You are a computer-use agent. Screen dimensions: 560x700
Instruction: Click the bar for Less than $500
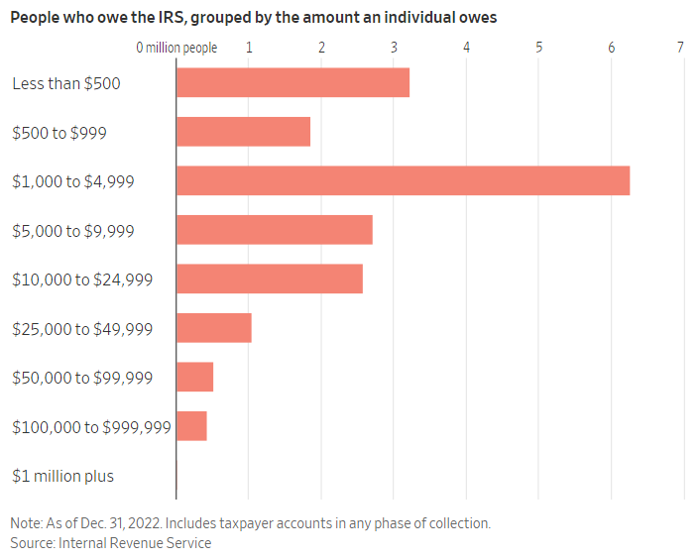[292, 83]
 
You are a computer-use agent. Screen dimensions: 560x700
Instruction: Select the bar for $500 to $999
[243, 132]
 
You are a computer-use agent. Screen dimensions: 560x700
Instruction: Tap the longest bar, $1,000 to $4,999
[403, 180]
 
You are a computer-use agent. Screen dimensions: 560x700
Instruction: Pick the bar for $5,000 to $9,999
[274, 230]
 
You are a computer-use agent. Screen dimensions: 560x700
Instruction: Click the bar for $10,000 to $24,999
[269, 279]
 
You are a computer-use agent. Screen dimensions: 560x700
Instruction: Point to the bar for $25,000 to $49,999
[213, 328]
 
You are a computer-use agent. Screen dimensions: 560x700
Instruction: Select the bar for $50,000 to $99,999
[194, 377]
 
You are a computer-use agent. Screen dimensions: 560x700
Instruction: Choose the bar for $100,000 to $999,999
[191, 426]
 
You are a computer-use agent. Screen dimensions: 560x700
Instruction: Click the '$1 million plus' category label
[62, 476]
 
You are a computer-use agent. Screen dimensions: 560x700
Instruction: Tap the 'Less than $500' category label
[66, 83]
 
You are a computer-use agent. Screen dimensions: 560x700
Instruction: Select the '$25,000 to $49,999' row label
[82, 328]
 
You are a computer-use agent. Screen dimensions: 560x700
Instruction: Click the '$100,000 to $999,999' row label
[91, 427]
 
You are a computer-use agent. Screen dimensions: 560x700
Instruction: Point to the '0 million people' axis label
[176, 48]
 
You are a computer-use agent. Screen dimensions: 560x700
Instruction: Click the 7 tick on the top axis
[681, 48]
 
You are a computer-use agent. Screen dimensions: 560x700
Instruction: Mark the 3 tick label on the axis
[394, 48]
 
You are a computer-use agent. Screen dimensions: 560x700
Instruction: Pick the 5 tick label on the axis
[538, 48]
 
